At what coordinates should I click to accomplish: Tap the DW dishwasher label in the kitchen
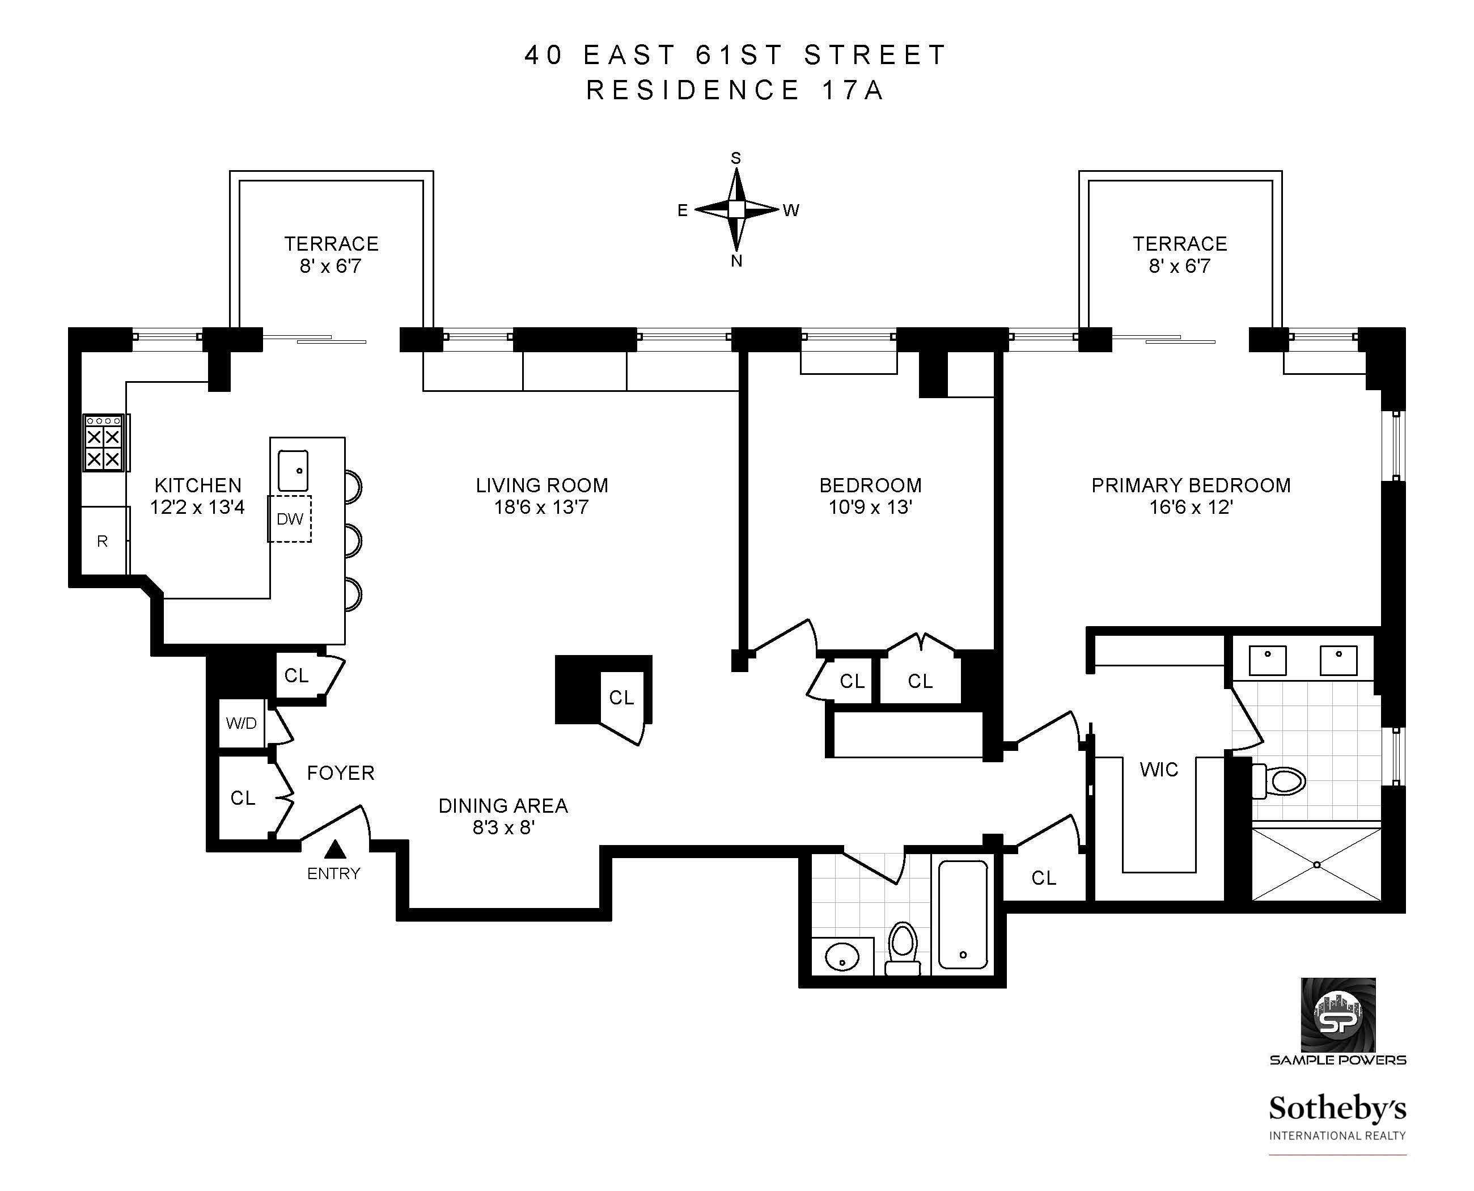tap(290, 520)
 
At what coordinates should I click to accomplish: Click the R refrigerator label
tap(102, 541)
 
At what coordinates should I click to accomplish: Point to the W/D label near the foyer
tap(241, 723)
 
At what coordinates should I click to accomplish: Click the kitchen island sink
tap(293, 471)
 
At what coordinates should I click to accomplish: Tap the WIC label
tap(1158, 770)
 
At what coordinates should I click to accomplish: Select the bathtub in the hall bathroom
tap(962, 914)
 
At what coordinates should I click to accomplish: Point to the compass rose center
tap(736, 209)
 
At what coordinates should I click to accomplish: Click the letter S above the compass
tap(736, 158)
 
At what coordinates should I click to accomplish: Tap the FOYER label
tap(340, 773)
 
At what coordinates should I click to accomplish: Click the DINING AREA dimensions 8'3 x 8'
tap(503, 827)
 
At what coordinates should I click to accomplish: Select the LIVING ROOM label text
tap(542, 485)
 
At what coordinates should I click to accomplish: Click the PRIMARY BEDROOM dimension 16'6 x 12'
tap(1191, 508)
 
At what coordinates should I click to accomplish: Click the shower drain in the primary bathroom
tap(1316, 864)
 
